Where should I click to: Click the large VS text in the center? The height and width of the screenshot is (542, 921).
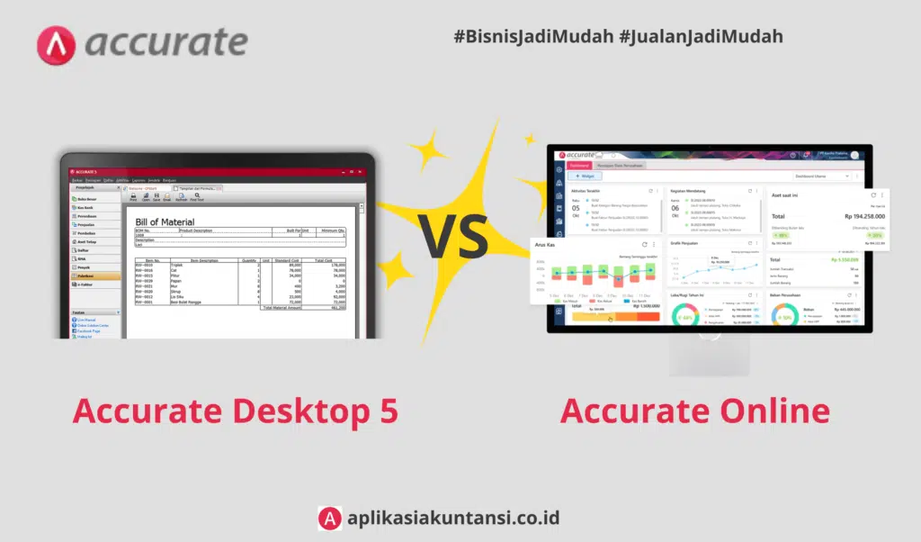click(453, 237)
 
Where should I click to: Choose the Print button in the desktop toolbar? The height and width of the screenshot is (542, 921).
click(133, 197)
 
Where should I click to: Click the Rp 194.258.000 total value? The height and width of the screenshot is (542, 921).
click(852, 216)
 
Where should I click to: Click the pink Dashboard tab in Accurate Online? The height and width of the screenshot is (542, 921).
click(578, 166)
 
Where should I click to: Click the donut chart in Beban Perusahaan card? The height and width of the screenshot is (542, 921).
click(785, 317)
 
